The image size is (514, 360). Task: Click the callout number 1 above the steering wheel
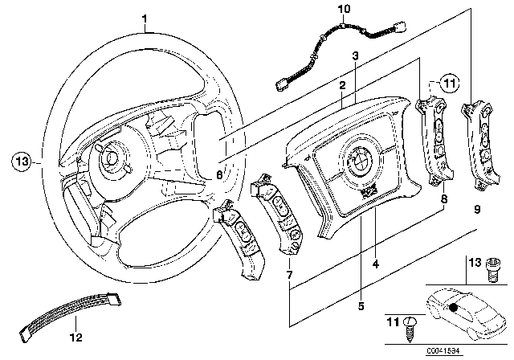coord(145,18)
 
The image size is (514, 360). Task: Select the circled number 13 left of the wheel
coord(24,161)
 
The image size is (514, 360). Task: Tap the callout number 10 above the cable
coord(345,10)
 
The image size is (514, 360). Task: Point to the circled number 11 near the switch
coord(449,83)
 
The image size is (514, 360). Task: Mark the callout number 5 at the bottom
coord(361,305)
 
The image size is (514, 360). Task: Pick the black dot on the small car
coord(455,306)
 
